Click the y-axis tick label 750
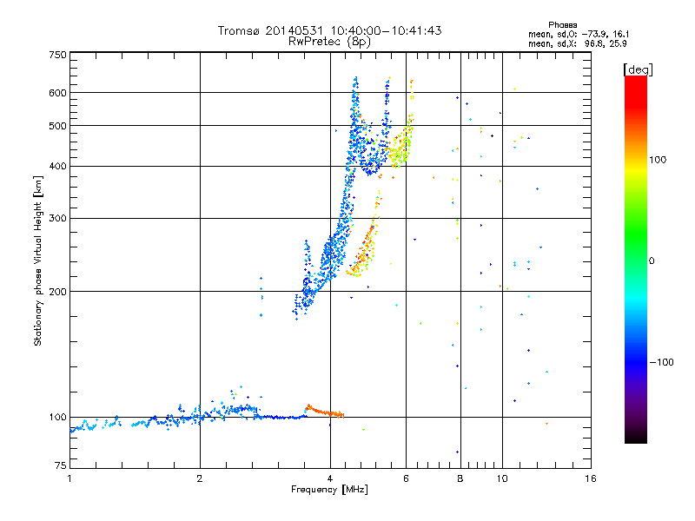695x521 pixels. click(x=57, y=55)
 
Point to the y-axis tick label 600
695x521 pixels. click(x=57, y=92)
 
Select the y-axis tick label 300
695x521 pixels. click(x=57, y=218)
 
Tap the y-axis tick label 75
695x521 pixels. click(x=60, y=467)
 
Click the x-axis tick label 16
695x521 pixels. click(x=589, y=478)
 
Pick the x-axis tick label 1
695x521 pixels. click(x=69, y=478)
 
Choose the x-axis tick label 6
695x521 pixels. click(x=406, y=478)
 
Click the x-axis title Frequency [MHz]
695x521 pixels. click(x=329, y=490)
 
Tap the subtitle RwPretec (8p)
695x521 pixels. click(x=329, y=41)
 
